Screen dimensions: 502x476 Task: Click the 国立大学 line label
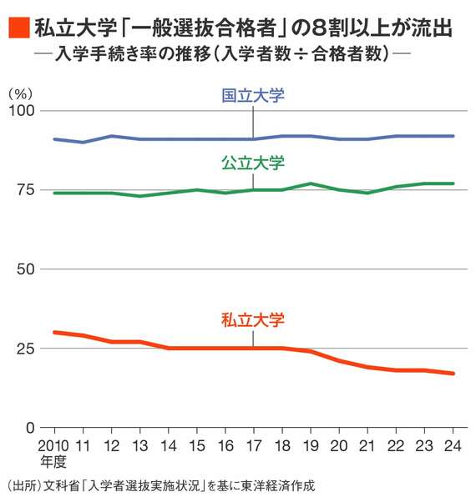tap(253, 96)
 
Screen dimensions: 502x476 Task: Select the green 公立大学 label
tap(253, 163)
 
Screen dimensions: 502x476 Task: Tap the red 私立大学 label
tap(253, 319)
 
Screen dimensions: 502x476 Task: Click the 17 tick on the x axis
tap(253, 444)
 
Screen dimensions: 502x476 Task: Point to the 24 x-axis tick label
tap(453, 444)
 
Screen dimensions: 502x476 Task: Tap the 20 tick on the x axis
tap(339, 444)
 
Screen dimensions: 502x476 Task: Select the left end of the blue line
tap(54, 139)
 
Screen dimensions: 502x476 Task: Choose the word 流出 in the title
tap(434, 29)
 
